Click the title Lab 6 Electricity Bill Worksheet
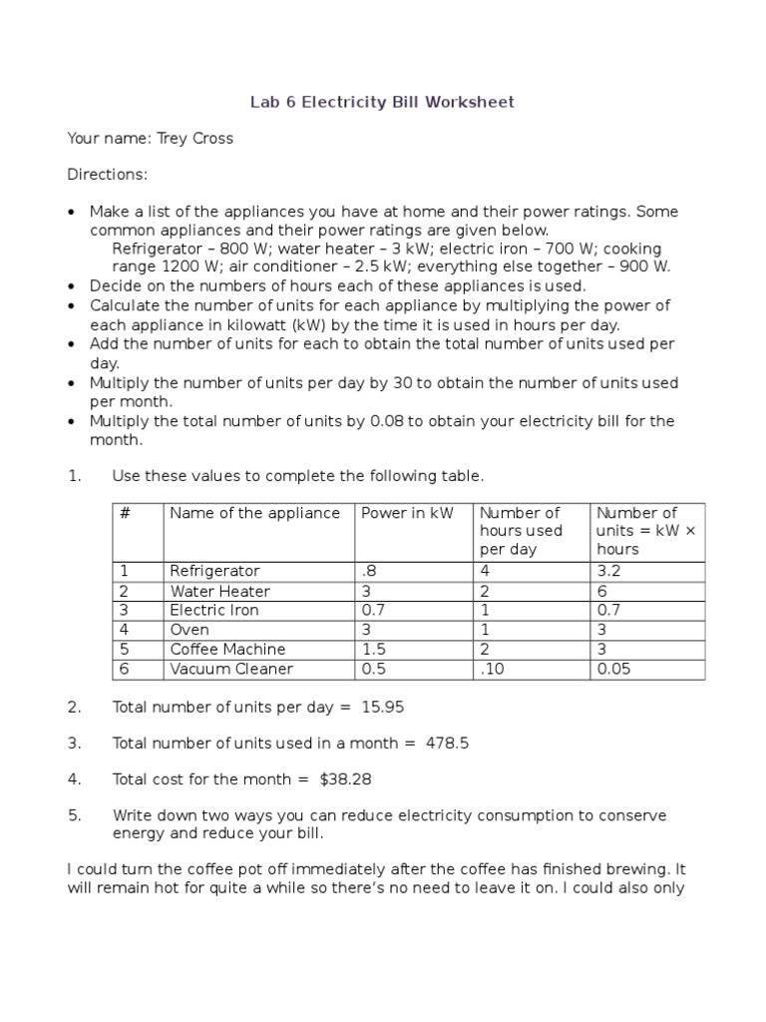pyautogui.click(x=382, y=103)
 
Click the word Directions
pyautogui.click(x=107, y=175)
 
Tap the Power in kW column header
pyautogui.click(x=407, y=513)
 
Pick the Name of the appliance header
pyautogui.click(x=255, y=513)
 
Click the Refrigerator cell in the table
pyautogui.click(x=214, y=571)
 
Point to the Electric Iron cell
pyautogui.click(x=214, y=610)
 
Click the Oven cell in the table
pyautogui.click(x=189, y=630)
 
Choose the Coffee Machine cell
pyautogui.click(x=227, y=650)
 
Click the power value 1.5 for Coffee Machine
pyautogui.click(x=374, y=650)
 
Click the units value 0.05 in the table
pyautogui.click(x=613, y=669)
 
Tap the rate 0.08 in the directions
pyautogui.click(x=387, y=421)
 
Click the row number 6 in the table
pyautogui.click(x=125, y=669)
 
